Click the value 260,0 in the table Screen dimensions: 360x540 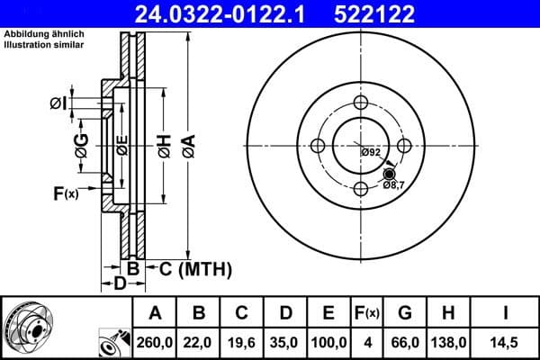tap(155, 343)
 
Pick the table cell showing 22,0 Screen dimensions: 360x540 tap(199, 343)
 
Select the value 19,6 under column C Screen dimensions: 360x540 tap(242, 343)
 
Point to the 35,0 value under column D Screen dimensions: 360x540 tap(285, 343)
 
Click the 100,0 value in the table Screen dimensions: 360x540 tap(328, 343)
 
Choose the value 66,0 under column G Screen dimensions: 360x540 tap(406, 343)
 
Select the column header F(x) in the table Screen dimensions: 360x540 tap(367, 313)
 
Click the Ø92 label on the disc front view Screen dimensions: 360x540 tap(371, 152)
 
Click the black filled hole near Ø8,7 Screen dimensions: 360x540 tap(390, 174)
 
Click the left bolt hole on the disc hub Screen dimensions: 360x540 tap(318, 146)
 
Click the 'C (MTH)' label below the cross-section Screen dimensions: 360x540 tap(196, 269)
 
